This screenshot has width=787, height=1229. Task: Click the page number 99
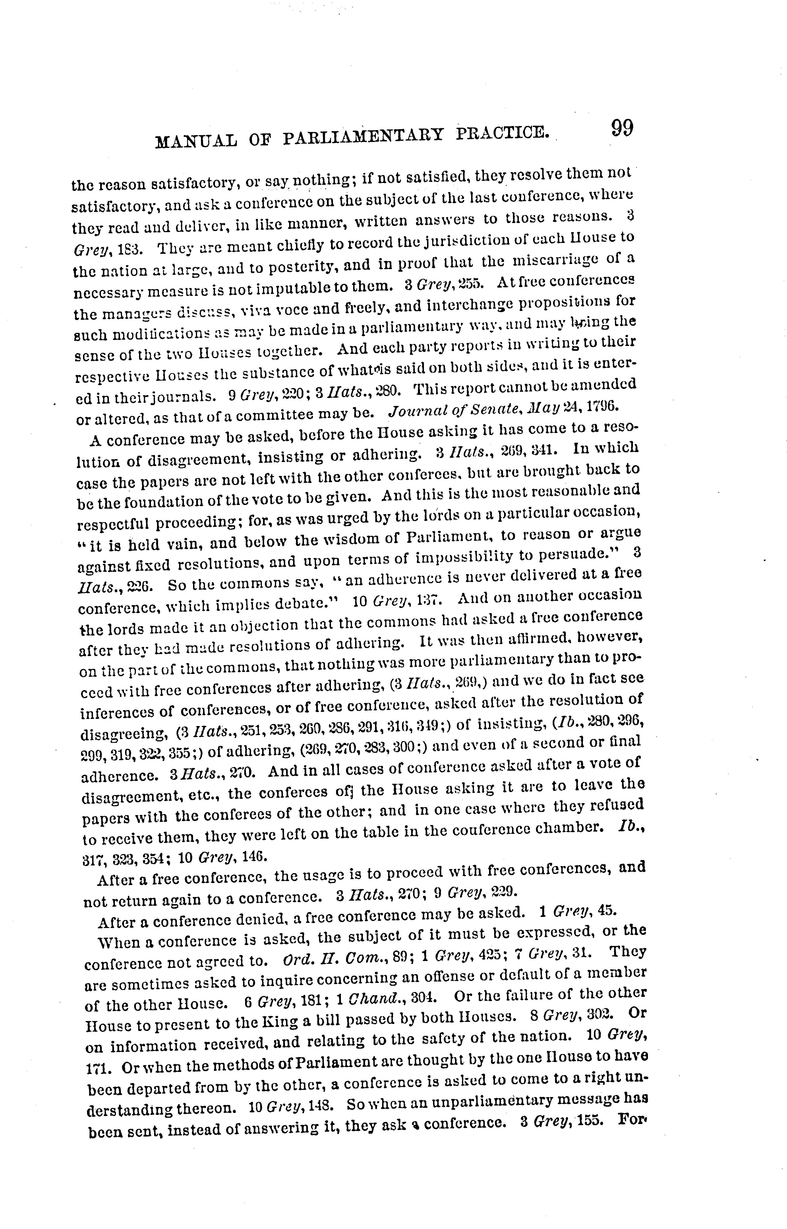tap(622, 128)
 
